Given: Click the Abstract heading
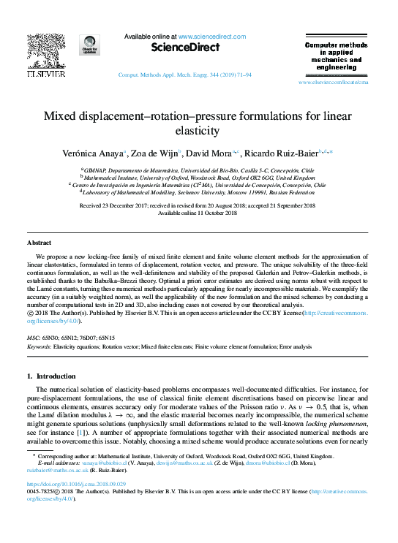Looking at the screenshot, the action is pos(39,242).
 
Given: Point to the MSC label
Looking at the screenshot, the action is pos(34,338).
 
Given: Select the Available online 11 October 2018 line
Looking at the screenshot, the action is pos(198,213).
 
